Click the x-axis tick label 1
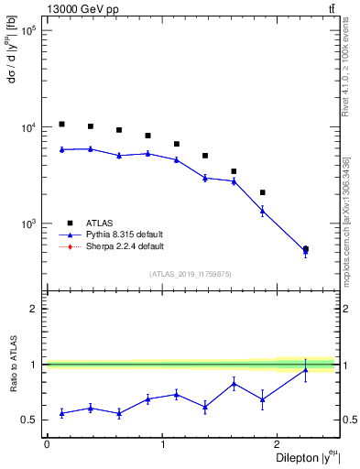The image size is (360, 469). [x=163, y=444]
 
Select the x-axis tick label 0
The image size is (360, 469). [x=47, y=444]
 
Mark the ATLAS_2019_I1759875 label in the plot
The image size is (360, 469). [x=191, y=273]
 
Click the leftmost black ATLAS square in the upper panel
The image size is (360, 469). [x=61, y=124]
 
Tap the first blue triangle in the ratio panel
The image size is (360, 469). [x=61, y=413]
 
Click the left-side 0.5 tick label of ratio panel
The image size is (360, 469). [x=30, y=420]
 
